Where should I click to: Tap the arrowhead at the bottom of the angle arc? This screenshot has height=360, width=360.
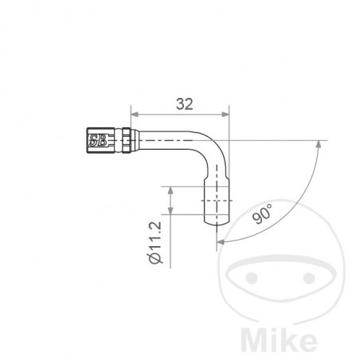pos(218,240)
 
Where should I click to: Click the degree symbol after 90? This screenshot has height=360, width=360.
pos(270,206)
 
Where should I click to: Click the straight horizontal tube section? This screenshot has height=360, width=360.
pos(163,141)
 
